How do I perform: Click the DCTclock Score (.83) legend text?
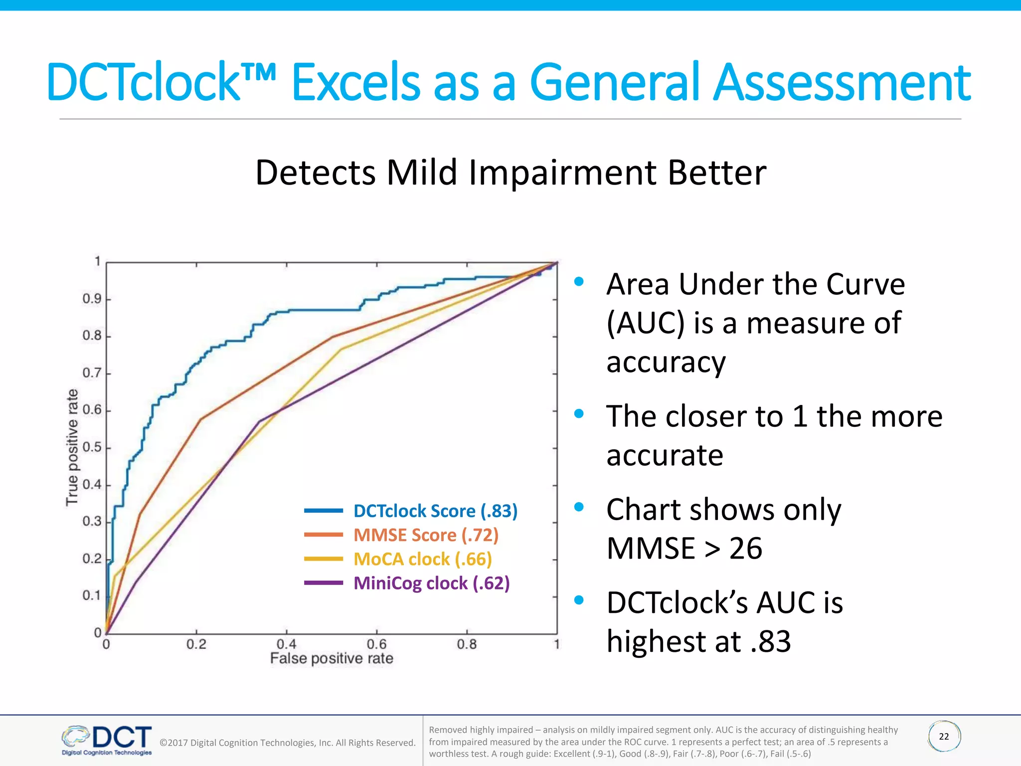tap(435, 511)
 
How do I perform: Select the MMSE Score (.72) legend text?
tap(426, 535)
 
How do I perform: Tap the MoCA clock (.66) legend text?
tap(422, 559)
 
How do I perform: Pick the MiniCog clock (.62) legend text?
tap(431, 583)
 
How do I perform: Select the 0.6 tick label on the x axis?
tap(376, 644)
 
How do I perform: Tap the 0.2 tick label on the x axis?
tap(196, 644)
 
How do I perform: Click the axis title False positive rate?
tap(332, 659)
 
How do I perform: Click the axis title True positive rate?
tap(72, 447)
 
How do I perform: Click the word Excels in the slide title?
tap(354, 82)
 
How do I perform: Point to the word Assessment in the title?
tap(842, 82)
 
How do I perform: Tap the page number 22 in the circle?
tap(944, 737)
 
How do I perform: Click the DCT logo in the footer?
tap(107, 740)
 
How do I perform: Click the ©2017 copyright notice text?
tap(287, 743)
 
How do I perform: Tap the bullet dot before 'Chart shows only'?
tap(579, 507)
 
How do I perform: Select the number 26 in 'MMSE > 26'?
tap(746, 549)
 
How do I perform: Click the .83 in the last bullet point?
tap(771, 642)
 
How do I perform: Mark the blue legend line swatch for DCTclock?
tap(324, 511)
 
